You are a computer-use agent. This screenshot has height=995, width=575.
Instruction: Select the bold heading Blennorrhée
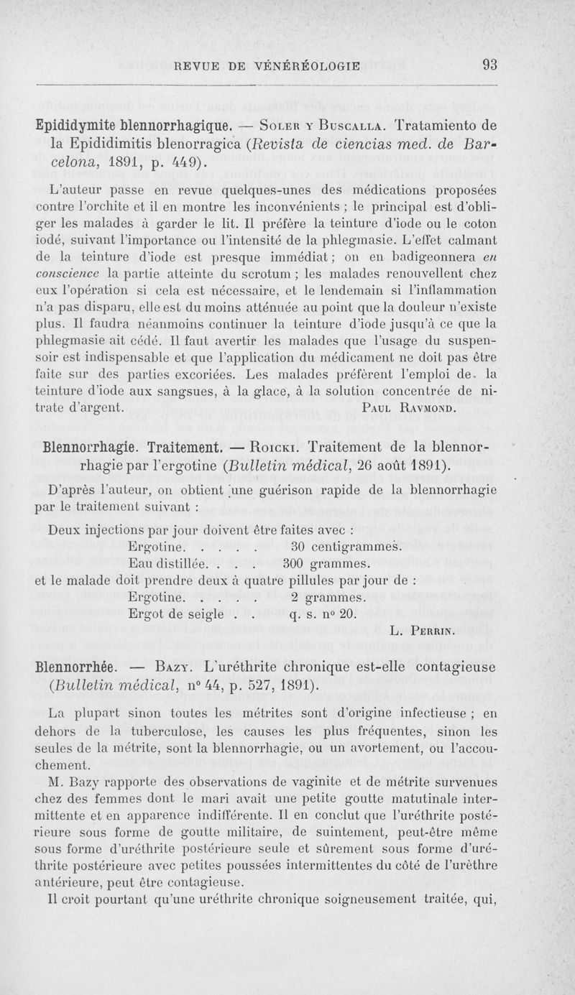77,667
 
